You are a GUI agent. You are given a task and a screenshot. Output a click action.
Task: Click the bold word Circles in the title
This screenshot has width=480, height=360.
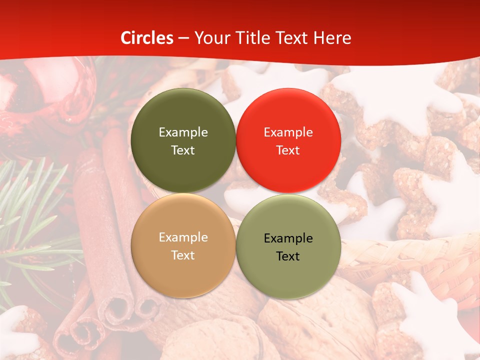[147, 38]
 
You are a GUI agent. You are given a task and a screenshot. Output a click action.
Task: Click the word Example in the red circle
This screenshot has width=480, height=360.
[288, 132]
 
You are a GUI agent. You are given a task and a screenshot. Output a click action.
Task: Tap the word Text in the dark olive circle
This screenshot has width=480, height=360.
[183, 150]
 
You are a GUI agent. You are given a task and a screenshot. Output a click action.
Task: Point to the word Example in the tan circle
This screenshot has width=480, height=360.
[183, 237]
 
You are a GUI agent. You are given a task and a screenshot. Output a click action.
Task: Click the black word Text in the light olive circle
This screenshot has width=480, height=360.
[288, 256]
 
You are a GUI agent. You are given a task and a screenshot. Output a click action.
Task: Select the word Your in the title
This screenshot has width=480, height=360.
[209, 38]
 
